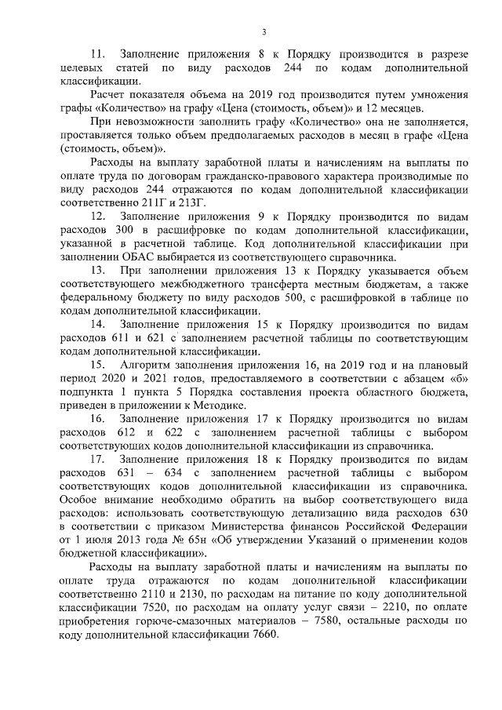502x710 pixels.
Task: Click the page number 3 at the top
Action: pos(264,31)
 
